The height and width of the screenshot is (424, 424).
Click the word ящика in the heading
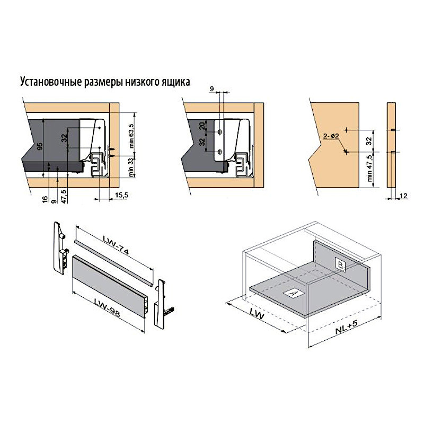176,82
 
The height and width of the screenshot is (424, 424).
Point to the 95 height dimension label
40,146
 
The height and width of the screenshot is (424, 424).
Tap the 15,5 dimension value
121,195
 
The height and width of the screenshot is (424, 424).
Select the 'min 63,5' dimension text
131,136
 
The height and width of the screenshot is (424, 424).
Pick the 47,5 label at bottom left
64,196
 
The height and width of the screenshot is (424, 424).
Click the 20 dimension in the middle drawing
202,126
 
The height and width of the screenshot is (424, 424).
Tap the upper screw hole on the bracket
220,132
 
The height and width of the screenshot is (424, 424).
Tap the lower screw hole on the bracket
220,152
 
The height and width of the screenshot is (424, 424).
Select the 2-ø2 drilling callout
331,136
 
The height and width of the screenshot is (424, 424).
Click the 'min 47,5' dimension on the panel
369,168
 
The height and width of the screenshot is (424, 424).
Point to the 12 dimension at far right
403,196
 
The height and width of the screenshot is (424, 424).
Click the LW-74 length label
116,245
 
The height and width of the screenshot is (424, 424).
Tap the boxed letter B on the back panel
340,264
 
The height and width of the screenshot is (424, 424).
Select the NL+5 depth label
347,327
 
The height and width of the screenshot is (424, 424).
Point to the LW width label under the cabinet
257,314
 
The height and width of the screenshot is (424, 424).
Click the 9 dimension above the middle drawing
211,89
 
